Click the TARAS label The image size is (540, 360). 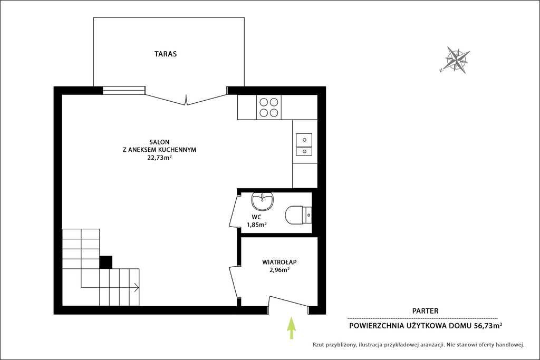pyautogui.click(x=165, y=54)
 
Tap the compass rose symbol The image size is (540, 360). pyautogui.click(x=455, y=60)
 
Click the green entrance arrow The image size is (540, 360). pyautogui.click(x=291, y=328)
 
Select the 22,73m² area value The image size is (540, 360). pyautogui.click(x=159, y=158)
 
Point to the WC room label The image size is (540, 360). pyautogui.click(x=257, y=217)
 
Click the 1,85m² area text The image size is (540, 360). pyautogui.click(x=257, y=225)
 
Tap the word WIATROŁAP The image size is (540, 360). pyautogui.click(x=279, y=262)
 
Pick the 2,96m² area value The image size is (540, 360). pyautogui.click(x=279, y=270)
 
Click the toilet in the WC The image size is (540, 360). pyautogui.click(x=298, y=215)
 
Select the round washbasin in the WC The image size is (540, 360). pyautogui.click(x=263, y=201)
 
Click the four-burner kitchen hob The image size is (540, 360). pyautogui.click(x=269, y=108)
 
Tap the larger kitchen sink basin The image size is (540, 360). pyautogui.click(x=304, y=140)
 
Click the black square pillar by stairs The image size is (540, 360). pyautogui.click(x=105, y=262)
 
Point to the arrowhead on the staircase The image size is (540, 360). pyautogui.click(x=137, y=287)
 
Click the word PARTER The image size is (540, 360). pyautogui.click(x=426, y=311)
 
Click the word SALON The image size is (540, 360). pyautogui.click(x=159, y=142)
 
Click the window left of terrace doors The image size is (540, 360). pyautogui.click(x=124, y=91)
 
